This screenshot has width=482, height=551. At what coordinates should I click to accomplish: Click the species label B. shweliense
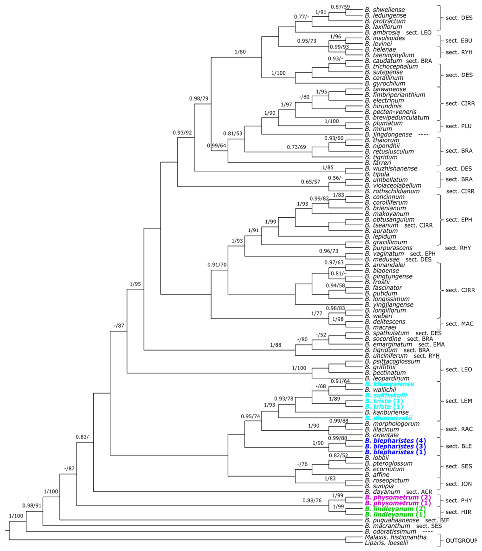(385, 10)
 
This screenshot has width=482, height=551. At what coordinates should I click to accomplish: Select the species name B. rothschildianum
(392, 191)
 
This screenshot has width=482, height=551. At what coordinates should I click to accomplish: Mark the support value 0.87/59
(340, 7)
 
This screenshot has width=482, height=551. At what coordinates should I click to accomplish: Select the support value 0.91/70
(217, 265)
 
